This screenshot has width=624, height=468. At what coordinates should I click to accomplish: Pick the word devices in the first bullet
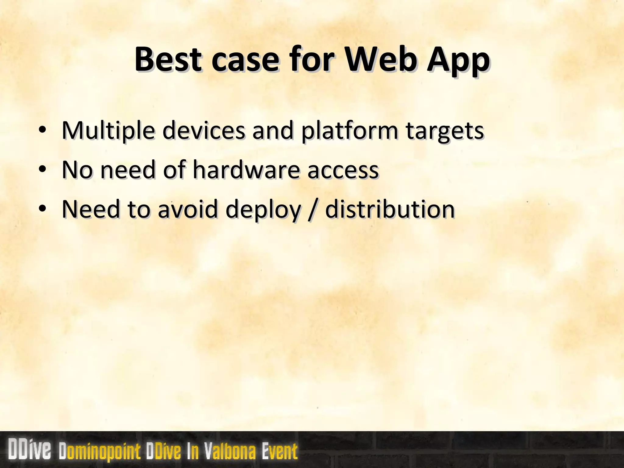203,130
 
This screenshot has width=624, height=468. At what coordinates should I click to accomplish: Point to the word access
343,170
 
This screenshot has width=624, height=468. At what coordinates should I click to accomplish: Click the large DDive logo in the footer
29,450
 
